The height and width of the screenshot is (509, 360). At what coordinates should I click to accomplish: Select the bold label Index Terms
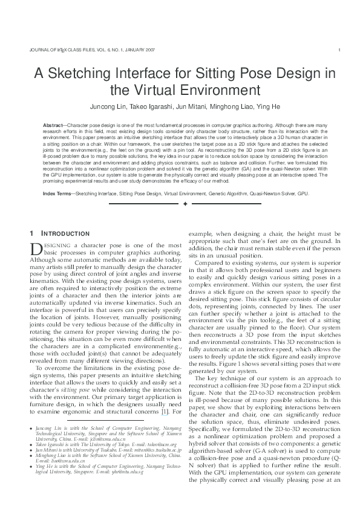tap(57, 193)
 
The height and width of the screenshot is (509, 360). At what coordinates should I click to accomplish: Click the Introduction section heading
tap(66, 233)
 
